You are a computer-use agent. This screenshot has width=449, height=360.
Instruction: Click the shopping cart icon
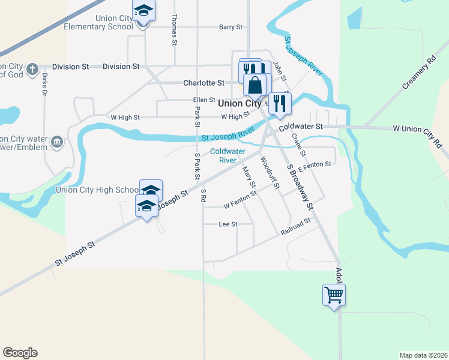click(x=334, y=295)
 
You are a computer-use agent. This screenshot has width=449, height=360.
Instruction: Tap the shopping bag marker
click(x=255, y=85)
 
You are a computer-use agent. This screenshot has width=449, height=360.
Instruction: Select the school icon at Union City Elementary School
click(x=143, y=11)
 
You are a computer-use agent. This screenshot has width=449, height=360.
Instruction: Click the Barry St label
click(x=231, y=27)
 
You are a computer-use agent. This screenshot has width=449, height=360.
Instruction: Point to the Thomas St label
click(x=175, y=31)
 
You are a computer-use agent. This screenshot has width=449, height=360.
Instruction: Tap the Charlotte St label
click(x=203, y=83)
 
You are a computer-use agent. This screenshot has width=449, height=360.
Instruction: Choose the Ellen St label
click(x=204, y=100)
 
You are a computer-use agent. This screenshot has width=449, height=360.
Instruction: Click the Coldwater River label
click(x=228, y=156)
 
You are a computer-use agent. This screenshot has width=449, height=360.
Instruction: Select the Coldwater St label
click(x=301, y=127)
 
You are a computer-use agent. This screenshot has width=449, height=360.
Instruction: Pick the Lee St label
click(x=228, y=224)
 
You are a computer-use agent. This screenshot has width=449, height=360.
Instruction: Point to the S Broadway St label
click(x=300, y=187)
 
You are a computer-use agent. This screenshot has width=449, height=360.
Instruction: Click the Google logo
click(x=20, y=353)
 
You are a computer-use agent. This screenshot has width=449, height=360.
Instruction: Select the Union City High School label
click(x=97, y=190)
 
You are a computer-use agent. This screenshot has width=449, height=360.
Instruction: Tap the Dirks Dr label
click(x=44, y=85)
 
